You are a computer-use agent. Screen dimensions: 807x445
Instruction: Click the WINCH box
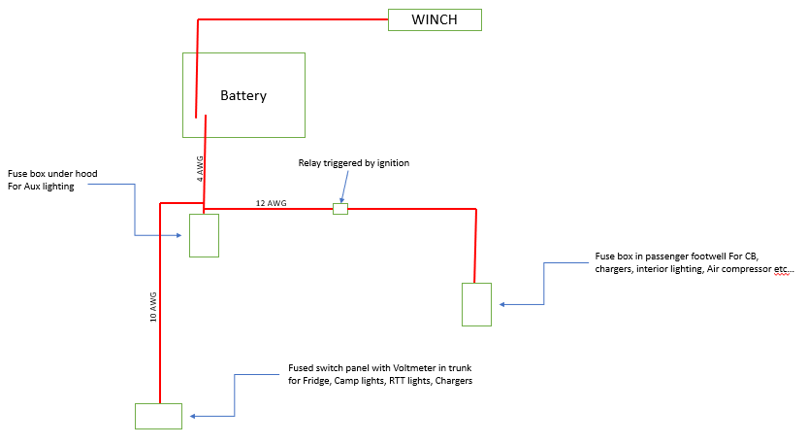click(435, 19)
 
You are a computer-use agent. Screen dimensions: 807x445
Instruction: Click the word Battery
click(243, 96)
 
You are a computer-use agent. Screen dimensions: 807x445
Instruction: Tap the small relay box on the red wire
click(340, 209)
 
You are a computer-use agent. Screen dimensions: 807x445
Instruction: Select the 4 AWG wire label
click(200, 169)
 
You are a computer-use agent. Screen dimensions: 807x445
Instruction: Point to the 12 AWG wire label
click(272, 203)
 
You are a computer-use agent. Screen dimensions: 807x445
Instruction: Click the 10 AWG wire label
click(153, 307)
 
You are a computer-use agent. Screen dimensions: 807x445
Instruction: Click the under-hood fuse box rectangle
click(205, 235)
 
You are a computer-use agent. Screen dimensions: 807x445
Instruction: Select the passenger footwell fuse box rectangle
click(476, 304)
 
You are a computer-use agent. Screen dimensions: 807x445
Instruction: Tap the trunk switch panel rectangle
click(158, 416)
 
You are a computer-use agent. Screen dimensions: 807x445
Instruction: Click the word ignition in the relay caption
click(393, 163)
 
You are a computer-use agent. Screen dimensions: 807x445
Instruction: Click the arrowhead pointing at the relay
click(341, 200)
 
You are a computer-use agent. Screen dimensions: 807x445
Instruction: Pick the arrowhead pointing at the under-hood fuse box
click(178, 236)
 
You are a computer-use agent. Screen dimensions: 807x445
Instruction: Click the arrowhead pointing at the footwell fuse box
click(502, 304)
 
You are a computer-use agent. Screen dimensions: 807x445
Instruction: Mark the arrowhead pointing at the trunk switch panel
click(193, 416)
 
